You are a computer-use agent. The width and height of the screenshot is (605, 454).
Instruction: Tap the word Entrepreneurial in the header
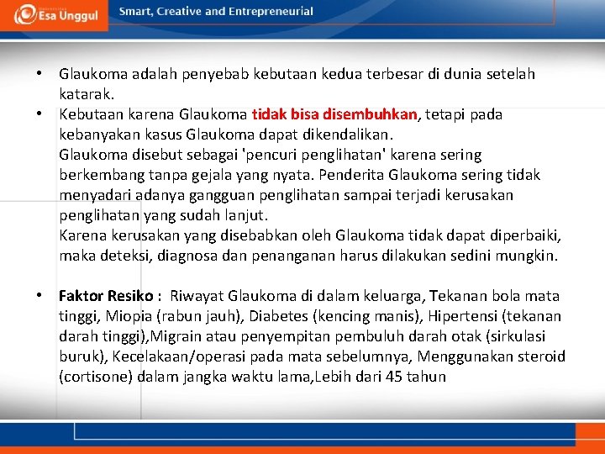point(269,12)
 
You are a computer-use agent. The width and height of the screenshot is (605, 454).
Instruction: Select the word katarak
point(82,94)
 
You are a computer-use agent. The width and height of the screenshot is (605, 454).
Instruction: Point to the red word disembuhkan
point(371,114)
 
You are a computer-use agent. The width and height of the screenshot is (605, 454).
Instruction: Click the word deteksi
point(119,256)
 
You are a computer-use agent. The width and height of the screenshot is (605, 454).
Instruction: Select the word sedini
point(471,256)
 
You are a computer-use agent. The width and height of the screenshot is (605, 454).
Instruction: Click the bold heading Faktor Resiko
point(105,296)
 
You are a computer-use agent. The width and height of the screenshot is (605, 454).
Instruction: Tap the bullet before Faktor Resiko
point(39,296)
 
